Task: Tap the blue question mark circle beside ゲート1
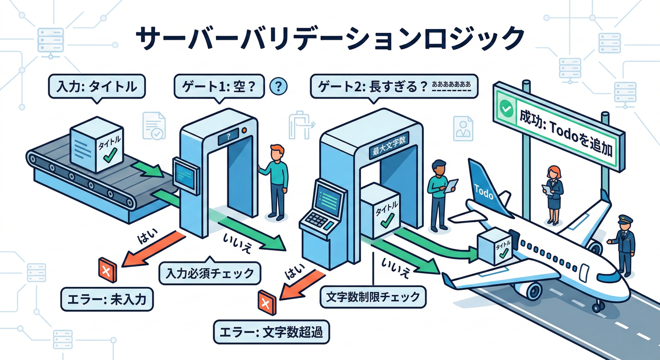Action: pos(279,86)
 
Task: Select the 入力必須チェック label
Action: pos(210,272)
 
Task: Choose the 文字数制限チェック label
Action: pos(373,297)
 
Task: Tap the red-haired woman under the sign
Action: pos(553,193)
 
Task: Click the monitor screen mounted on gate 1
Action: pos(186,175)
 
